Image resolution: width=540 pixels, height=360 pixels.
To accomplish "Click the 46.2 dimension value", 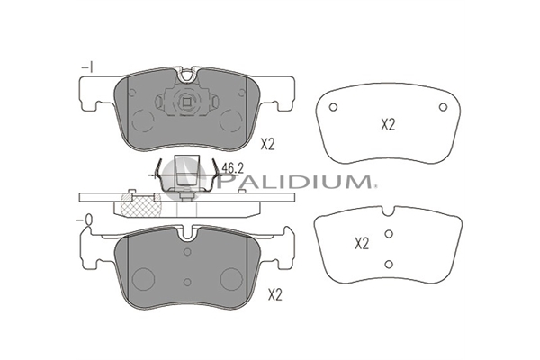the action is (x=232, y=168).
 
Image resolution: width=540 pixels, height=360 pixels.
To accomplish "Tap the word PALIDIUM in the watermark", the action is (x=293, y=181).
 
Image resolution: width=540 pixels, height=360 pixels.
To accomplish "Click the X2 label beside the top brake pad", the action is (x=267, y=145).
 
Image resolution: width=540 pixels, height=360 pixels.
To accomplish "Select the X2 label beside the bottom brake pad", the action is (x=274, y=295).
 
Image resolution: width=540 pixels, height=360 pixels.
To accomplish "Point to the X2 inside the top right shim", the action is (x=388, y=124).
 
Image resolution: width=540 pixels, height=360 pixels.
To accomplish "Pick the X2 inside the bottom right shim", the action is (x=362, y=244).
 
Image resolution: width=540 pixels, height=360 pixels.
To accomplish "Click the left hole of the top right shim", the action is (x=333, y=107).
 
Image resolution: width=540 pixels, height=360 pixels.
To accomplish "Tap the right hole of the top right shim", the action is (x=443, y=107).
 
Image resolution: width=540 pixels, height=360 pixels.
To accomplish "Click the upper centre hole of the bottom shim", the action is (x=389, y=234).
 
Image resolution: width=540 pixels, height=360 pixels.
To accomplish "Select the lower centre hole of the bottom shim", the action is (x=389, y=265).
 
